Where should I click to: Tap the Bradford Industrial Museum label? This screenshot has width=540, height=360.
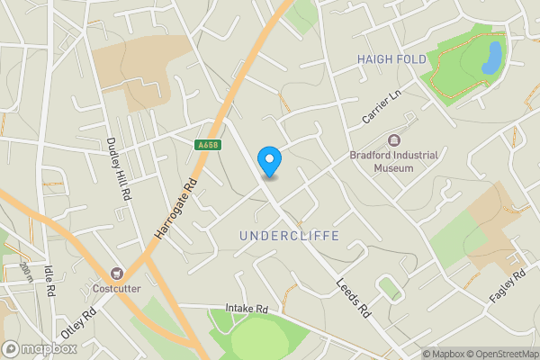click(394, 161)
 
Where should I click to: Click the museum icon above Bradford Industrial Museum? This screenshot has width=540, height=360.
click(394, 140)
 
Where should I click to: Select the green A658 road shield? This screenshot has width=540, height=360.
click(206, 144)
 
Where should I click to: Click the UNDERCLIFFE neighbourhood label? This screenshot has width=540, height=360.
click(289, 236)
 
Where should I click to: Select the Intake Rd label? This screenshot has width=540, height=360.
click(248, 308)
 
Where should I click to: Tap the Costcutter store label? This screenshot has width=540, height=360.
click(116, 289)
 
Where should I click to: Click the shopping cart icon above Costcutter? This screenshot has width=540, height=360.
click(116, 273)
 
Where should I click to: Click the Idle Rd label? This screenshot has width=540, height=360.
click(50, 278)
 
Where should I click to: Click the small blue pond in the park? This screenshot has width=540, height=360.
click(491, 58)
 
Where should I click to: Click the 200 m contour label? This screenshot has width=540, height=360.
click(25, 273)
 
